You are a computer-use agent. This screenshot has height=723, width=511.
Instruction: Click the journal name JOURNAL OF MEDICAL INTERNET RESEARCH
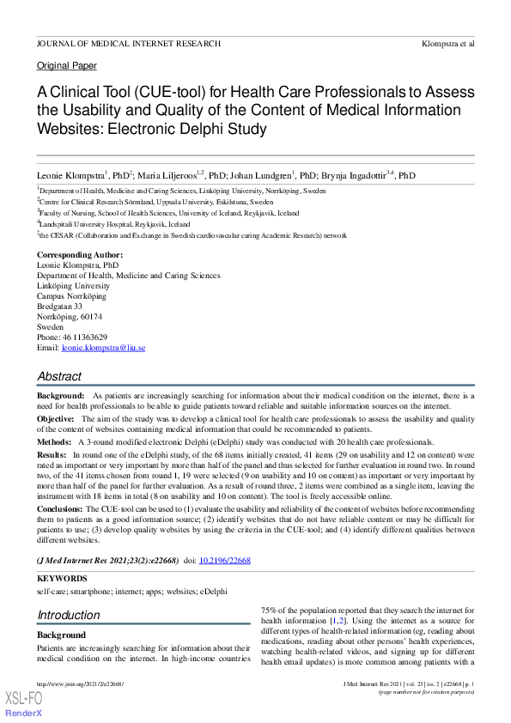[128, 43]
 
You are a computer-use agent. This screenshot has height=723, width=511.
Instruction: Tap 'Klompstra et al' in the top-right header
[447, 43]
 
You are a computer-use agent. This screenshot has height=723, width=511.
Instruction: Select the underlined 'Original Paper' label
[67, 65]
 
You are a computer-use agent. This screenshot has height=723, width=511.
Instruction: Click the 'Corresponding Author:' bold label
[80, 255]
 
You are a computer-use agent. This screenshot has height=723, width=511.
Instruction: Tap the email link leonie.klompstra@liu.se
[103, 348]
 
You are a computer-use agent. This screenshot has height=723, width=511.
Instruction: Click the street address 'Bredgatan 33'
[60, 307]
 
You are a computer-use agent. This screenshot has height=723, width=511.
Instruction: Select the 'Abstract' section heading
[59, 376]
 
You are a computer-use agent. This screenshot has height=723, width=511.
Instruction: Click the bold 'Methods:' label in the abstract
[54, 441]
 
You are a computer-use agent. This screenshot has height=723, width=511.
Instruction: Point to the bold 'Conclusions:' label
[60, 509]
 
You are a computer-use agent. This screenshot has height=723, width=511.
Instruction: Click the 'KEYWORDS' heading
[62, 579]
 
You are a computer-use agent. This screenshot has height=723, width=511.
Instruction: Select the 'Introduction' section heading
[69, 615]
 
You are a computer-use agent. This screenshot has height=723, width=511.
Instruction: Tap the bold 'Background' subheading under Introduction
[61, 635]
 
